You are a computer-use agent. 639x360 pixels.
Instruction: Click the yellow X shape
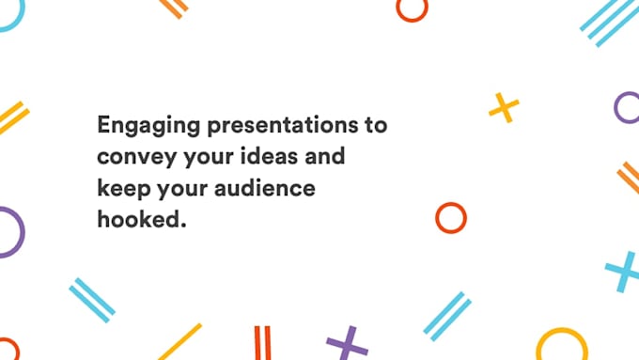click(504, 108)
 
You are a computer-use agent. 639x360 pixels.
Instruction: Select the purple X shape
click(347, 344)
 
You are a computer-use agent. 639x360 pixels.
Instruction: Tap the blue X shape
click(622, 272)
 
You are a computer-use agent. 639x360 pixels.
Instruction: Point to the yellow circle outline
click(561, 345)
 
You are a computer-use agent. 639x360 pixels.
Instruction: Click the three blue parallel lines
click(609, 20)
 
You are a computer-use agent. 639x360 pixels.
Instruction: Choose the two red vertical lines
click(262, 342)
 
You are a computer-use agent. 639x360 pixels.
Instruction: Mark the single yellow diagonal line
click(179, 342)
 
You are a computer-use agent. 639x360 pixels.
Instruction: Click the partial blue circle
click(9, 14)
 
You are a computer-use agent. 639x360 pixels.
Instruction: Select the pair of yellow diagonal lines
click(13, 117)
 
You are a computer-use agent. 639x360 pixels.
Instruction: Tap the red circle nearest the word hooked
click(451, 217)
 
